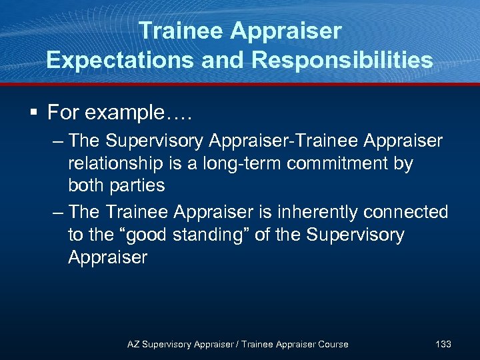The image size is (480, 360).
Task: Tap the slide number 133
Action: (x=443, y=344)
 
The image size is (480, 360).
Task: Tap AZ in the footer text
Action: (x=133, y=344)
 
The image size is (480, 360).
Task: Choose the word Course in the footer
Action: (x=333, y=344)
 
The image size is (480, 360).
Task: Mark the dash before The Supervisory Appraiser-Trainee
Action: (x=58, y=141)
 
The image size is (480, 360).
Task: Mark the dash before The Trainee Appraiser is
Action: (x=58, y=213)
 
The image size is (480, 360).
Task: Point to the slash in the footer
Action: (x=237, y=344)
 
